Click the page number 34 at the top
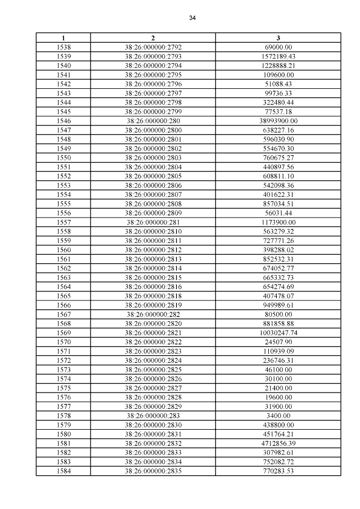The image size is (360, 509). point(192,18)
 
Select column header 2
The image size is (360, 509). point(153,38)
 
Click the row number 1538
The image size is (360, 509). point(64,47)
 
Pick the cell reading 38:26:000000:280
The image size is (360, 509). point(153,120)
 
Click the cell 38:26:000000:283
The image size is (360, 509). point(153,416)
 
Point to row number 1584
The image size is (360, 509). point(64,471)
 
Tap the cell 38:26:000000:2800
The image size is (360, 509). point(153,130)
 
